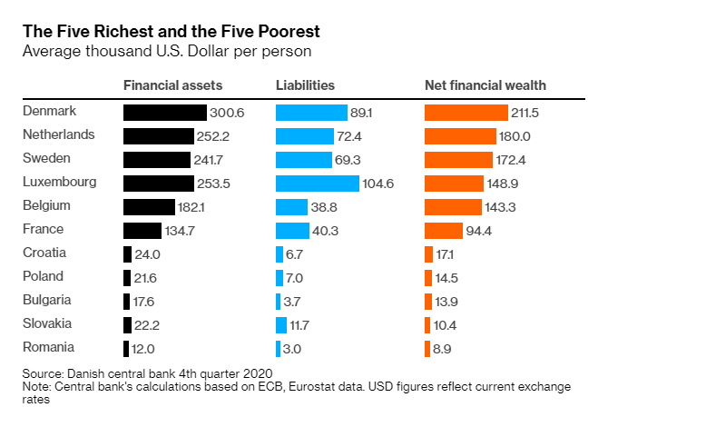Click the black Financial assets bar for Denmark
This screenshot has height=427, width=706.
pyautogui.click(x=164, y=113)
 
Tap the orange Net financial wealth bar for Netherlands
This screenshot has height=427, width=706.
pyautogui.click(x=460, y=136)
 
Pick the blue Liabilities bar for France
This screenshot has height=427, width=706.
pyautogui.click(x=292, y=231)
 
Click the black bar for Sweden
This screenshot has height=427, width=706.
pyautogui.click(x=158, y=160)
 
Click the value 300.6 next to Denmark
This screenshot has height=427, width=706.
pyautogui.click(x=228, y=114)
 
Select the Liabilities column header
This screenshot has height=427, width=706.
pyautogui.click(x=305, y=85)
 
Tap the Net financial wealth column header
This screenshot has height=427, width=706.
pyautogui.click(x=485, y=85)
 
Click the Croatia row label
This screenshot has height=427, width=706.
pyautogui.click(x=44, y=253)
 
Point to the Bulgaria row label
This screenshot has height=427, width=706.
pyautogui.click(x=46, y=301)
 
